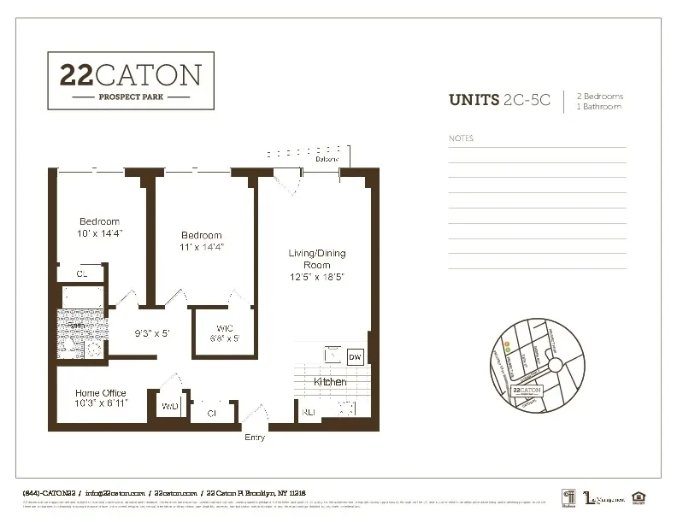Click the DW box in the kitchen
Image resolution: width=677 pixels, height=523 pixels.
pos(356,357)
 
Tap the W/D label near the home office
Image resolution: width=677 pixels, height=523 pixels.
pos(170,406)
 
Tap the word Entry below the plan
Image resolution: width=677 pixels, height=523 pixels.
pos(255,438)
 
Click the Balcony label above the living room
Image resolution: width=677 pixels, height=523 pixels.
pos(327,159)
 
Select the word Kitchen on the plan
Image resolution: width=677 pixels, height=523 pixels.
pos(330,381)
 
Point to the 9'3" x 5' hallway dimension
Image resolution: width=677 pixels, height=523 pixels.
pos(153,333)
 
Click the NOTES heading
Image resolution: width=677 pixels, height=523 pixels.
pos(461,138)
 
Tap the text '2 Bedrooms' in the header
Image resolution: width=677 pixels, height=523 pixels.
pos(600,96)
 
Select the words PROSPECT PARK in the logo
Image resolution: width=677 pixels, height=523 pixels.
pos(130,97)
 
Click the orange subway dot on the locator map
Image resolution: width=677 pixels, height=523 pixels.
pos(506,344)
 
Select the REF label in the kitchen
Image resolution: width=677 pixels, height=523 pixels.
pos(309,411)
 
